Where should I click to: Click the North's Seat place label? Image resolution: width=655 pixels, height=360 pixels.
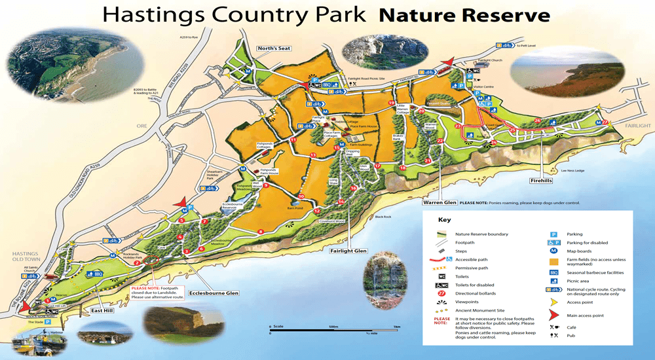pos(273,48)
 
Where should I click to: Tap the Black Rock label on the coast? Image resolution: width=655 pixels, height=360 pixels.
pos(383,216)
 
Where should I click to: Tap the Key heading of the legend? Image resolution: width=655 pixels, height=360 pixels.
pos(445,220)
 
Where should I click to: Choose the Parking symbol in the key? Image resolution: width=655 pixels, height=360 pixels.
pos(553,234)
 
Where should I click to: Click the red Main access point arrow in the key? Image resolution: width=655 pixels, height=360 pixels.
pos(553,315)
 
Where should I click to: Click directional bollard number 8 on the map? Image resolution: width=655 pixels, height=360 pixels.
pos(261,232)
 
